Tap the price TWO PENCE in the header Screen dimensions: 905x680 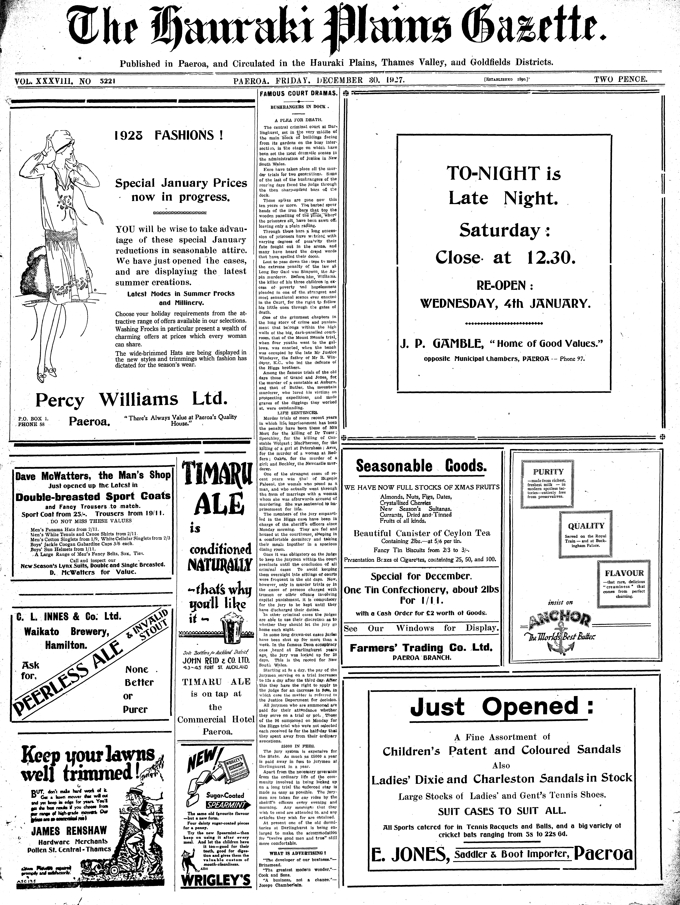(620, 79)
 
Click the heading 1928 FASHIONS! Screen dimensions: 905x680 (169, 135)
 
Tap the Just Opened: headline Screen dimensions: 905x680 (502, 707)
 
